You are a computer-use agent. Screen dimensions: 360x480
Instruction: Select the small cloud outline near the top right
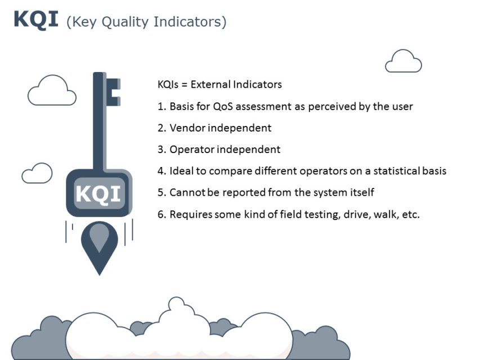[x=403, y=62]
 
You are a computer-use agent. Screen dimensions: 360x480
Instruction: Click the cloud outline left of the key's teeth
[x=52, y=92]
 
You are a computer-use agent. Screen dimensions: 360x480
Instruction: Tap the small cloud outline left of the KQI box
[x=37, y=173]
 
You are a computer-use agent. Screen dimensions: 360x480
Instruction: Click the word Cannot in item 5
[x=187, y=192]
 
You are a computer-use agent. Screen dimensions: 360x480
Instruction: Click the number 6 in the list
[x=160, y=214]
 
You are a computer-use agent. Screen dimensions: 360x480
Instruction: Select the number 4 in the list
[x=160, y=171]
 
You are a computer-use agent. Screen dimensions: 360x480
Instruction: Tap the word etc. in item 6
[x=411, y=214]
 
